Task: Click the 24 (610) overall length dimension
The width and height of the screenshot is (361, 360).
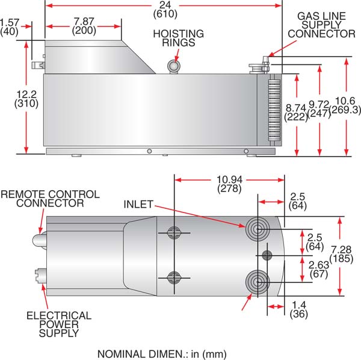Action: (162, 8)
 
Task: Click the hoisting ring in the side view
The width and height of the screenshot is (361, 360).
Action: (174, 64)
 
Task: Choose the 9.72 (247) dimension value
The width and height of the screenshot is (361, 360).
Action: (319, 108)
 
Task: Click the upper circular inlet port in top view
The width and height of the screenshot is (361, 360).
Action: (256, 228)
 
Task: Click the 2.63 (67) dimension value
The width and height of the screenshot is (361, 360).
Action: (319, 269)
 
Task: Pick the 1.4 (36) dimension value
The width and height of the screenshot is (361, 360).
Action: (298, 309)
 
